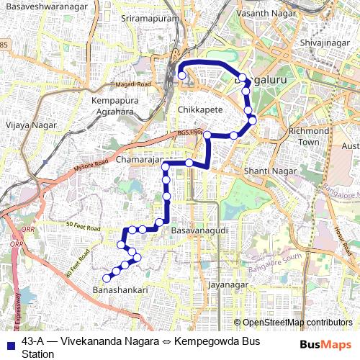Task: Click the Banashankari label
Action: pos(120,289)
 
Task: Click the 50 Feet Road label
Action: pos(80,225)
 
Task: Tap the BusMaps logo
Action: pos(326,345)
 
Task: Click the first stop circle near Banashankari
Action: pos(107,278)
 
